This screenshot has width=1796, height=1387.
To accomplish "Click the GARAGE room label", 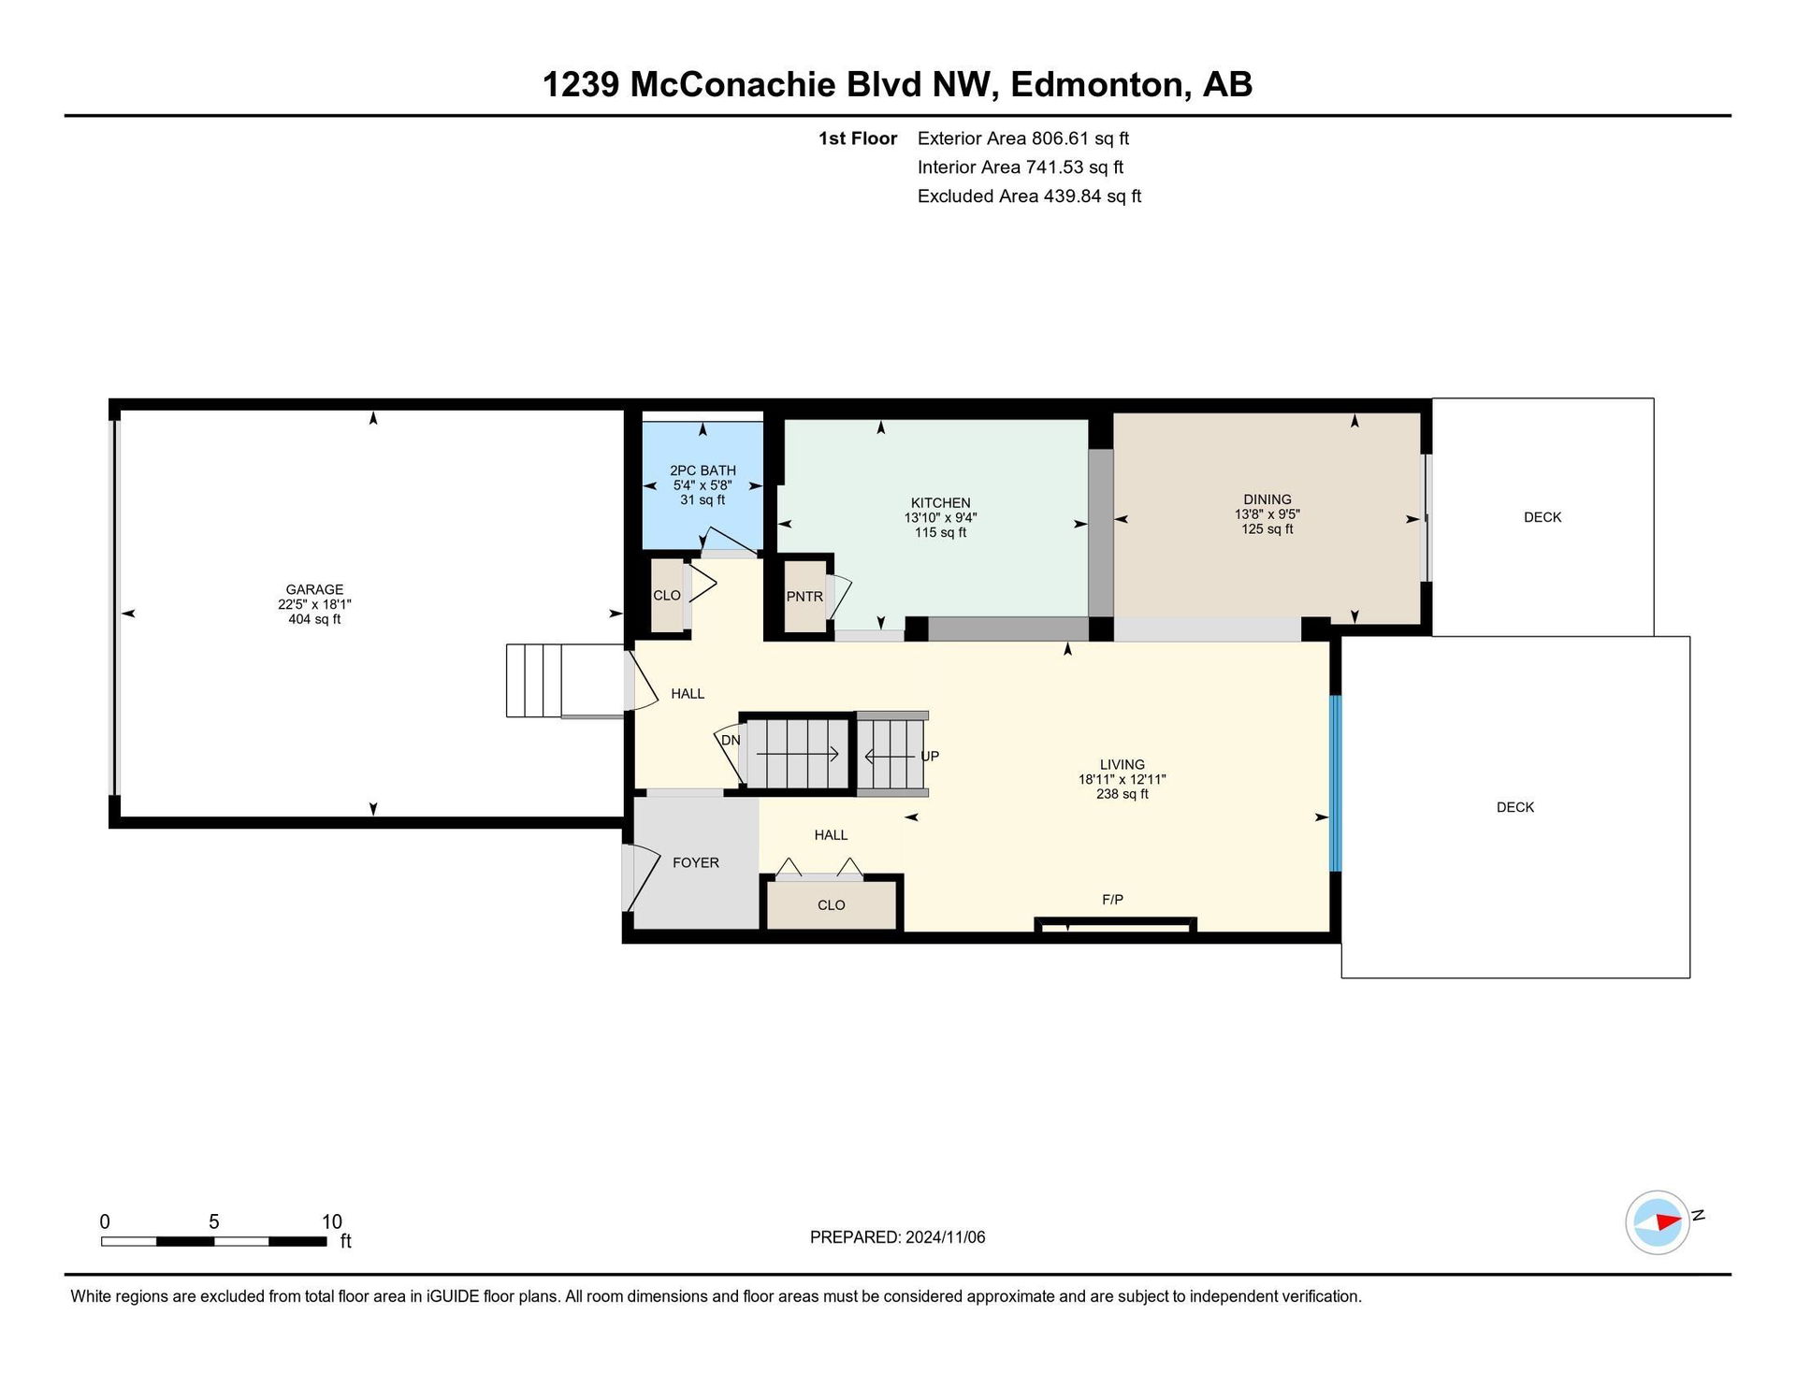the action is pos(314,589).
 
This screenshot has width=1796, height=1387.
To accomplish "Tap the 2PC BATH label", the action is pos(702,470).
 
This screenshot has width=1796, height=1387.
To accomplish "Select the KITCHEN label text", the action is pos(940,503).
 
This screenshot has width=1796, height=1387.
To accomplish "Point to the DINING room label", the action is pos(1267,499).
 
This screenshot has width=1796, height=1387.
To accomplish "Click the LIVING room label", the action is pos(1122,764).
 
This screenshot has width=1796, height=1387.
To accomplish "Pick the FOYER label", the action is pos(696,862).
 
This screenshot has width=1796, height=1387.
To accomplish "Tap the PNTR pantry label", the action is pos(804,596).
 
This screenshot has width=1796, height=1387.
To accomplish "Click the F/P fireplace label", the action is pos(1112,900).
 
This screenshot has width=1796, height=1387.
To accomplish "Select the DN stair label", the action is pos(731,740).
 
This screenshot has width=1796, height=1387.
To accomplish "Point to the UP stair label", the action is pos(930,756).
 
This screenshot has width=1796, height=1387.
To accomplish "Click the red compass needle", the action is pos(1669,1221).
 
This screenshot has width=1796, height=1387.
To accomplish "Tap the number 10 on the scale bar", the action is pos(331,1221).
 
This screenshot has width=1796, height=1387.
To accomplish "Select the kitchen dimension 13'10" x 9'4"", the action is pos(940,518).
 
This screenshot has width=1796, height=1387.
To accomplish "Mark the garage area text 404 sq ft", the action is pos(314,619).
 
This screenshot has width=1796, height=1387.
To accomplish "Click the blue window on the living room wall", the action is pos(1336,784).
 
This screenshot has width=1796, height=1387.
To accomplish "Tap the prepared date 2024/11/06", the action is pos(945,1237).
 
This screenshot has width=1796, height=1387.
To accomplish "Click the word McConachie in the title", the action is pos(732,85).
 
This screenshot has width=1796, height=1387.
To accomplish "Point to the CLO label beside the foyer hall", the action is pos(831,905).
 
